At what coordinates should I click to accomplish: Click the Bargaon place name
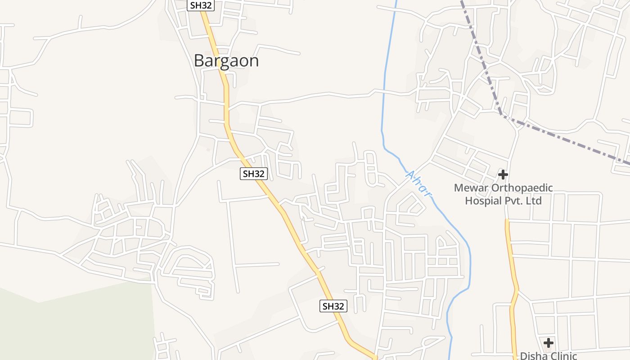tap(226, 61)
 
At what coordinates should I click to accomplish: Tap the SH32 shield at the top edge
tap(200, 5)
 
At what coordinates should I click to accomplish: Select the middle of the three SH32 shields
tap(254, 174)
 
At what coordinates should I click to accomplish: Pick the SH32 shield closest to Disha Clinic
tap(333, 306)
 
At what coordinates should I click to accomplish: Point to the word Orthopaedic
tap(521, 188)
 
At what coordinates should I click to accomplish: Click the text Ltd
tap(534, 201)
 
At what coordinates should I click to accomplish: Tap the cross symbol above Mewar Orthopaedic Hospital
tap(503, 175)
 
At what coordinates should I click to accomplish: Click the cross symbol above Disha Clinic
tap(548, 343)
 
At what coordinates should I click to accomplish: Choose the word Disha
tap(532, 356)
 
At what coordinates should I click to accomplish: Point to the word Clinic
tap(562, 356)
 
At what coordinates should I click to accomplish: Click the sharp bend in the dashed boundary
tap(501, 114)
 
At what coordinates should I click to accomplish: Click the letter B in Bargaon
tap(198, 61)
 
